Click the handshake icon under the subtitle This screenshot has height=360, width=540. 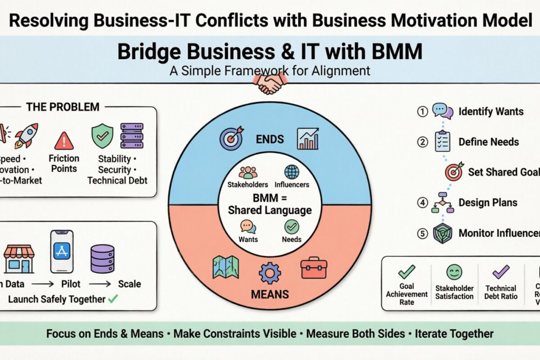point(270,84)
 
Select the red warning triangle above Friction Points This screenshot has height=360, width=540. point(64,141)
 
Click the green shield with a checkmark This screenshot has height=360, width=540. point(102,136)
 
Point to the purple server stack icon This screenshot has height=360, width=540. point(131,135)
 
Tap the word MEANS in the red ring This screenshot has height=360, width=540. point(270,295)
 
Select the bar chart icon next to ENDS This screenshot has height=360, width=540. point(308,138)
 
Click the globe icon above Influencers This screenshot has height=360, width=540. point(292,172)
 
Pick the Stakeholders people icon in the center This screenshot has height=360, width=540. point(247,172)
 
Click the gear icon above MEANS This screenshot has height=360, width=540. point(270,273)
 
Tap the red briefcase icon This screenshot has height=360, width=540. point(314,267)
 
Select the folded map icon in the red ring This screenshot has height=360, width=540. point(225,267)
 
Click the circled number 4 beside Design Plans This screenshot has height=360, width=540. point(422,202)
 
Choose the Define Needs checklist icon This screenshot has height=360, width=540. point(442,141)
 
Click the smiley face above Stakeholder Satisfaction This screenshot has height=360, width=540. point(454,272)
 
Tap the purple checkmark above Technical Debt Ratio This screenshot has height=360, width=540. point(500,272)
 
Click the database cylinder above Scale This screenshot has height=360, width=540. point(102,258)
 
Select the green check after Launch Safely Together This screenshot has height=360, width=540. point(113,298)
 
